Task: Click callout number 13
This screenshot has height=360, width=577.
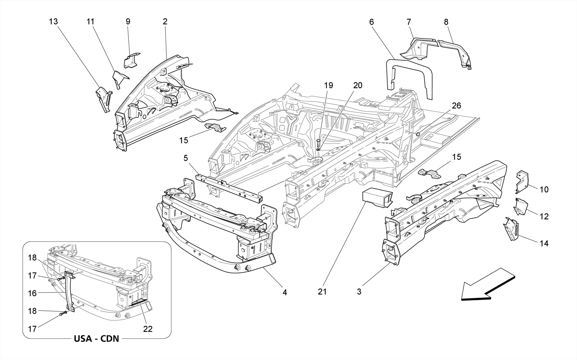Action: point(53,22)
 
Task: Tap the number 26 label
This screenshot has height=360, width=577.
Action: point(456,106)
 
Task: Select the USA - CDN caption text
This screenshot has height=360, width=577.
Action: point(96,338)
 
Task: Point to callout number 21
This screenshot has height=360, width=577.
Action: point(322,292)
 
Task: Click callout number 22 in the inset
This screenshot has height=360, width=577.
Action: point(148,329)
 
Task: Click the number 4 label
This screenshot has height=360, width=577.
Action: point(285,292)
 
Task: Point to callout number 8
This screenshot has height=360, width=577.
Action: point(446,22)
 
